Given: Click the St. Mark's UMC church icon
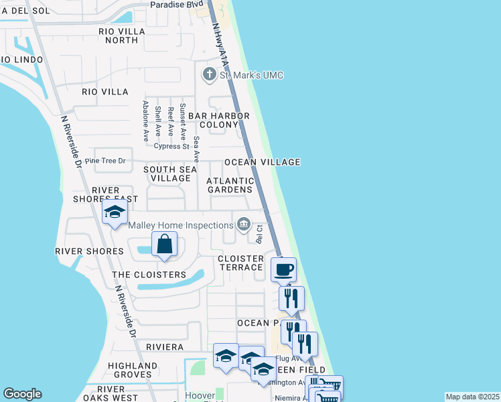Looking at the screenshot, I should coord(209,74).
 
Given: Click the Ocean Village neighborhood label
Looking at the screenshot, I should coord(262,162).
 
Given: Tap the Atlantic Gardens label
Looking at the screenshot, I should coord(230,185).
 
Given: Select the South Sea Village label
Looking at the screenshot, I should coord(170,174).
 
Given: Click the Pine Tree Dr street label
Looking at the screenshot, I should coord(106,161).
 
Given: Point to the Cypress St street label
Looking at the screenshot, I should coord(171,146).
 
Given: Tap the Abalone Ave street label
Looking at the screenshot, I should coord(145,121).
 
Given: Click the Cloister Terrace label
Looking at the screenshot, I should coord(240,263).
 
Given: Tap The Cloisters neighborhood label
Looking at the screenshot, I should coord(149,275).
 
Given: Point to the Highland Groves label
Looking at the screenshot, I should coord(133,370).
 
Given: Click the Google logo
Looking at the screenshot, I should coord(22,394).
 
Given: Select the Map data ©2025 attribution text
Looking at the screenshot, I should coord(472,397).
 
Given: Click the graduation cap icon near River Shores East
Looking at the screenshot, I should coord(115,213).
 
